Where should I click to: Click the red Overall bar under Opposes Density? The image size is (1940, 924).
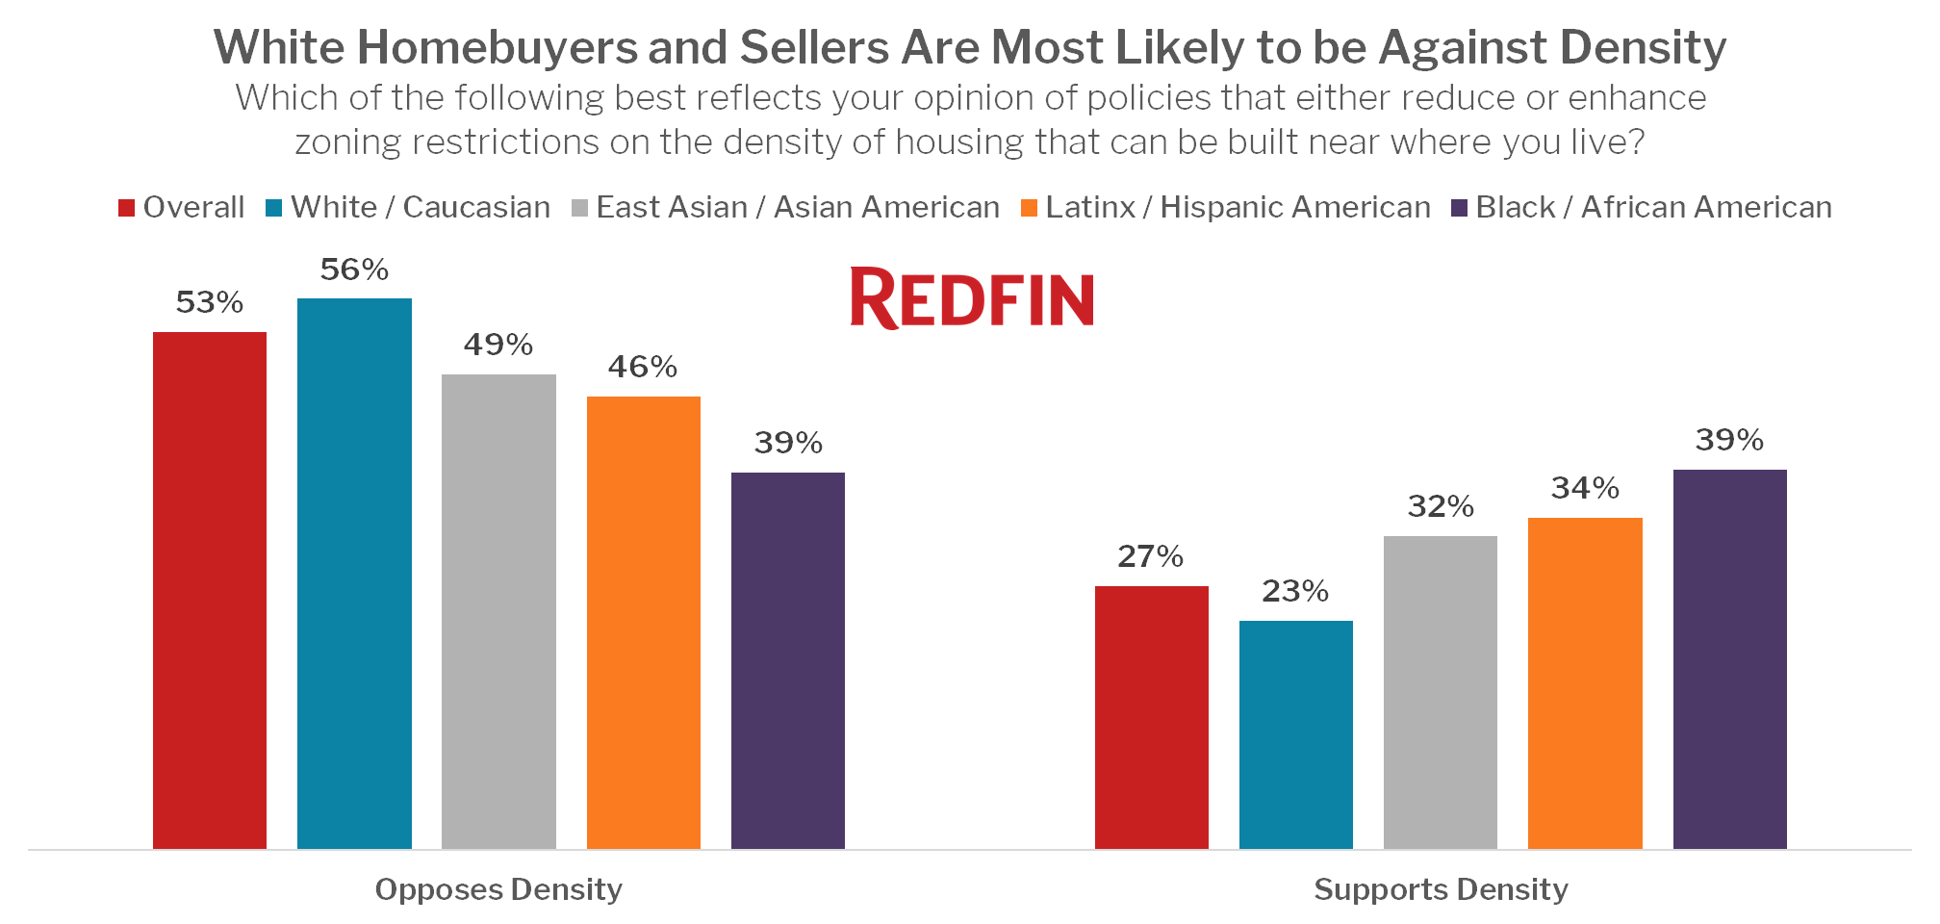point(210,590)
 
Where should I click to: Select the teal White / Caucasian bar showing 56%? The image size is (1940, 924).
point(354,574)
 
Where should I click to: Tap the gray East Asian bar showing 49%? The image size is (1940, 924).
point(498,611)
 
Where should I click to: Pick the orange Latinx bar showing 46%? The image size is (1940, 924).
point(644,623)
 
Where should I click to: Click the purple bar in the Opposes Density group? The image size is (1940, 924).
point(788,660)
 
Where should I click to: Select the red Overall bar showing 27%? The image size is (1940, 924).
point(1152,717)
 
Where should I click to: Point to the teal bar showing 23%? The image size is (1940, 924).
point(1296,734)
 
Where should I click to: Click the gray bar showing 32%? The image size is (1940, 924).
point(1441,692)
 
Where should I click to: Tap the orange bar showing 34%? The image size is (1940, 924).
point(1585,683)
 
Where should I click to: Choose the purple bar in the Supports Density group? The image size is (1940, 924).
point(1730,659)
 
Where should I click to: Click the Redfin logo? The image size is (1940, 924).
point(972,298)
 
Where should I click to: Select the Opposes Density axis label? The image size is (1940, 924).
point(498,889)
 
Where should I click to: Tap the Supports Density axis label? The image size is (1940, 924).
point(1441,889)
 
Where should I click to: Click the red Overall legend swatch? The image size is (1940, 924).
point(126,208)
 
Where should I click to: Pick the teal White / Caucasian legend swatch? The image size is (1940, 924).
point(274,208)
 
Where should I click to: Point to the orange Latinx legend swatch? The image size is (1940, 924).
point(1029,208)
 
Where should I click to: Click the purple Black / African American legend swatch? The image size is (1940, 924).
point(1459,208)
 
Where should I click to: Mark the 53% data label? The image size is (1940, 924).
point(210,303)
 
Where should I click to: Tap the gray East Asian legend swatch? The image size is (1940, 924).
point(579,208)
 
